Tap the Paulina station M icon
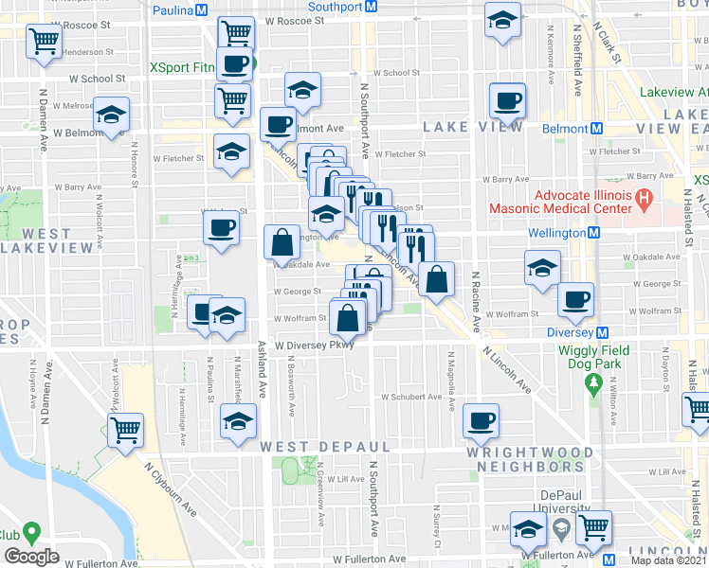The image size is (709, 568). point(201,10)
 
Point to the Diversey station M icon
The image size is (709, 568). point(601,333)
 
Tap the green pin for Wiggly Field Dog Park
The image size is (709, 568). point(594,383)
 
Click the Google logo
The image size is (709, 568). point(31,557)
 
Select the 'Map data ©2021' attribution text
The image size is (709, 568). point(669,560)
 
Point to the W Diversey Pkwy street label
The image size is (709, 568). point(316,346)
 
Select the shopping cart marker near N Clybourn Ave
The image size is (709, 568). point(125,430)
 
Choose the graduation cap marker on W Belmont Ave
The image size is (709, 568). point(112,116)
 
